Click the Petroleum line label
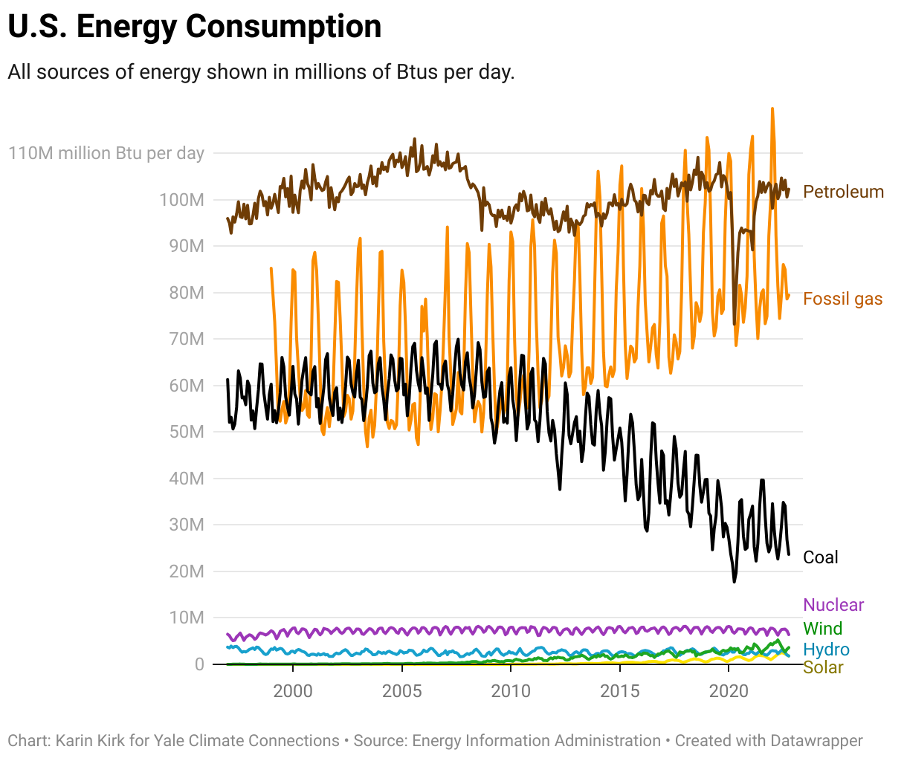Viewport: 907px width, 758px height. (x=843, y=192)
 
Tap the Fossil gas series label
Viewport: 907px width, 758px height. (x=842, y=299)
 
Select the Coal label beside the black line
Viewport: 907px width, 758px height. (x=820, y=557)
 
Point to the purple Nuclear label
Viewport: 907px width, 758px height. (x=833, y=605)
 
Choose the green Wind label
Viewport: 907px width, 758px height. (x=822, y=629)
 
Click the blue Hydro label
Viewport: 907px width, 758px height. (x=826, y=650)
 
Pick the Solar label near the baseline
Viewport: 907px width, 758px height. (x=823, y=667)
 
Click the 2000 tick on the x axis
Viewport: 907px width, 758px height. (x=293, y=691)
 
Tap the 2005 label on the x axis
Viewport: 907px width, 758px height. (x=401, y=691)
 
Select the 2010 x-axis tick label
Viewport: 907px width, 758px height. (x=511, y=691)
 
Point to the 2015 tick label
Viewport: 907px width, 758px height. (x=619, y=691)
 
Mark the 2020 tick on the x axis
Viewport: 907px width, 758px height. (x=729, y=691)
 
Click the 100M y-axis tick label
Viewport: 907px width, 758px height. (x=181, y=200)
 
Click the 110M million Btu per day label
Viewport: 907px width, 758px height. (x=106, y=153)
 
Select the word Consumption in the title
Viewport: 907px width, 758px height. (x=283, y=27)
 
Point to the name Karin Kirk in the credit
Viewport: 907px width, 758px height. (x=90, y=741)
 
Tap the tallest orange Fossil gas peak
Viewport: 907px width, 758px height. (x=772, y=108)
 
